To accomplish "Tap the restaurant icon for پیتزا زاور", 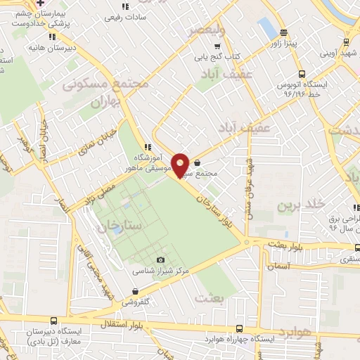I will tap(284, 32).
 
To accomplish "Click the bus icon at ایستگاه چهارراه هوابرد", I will tap(240, 328).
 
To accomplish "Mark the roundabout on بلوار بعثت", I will tap(247, 243).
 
